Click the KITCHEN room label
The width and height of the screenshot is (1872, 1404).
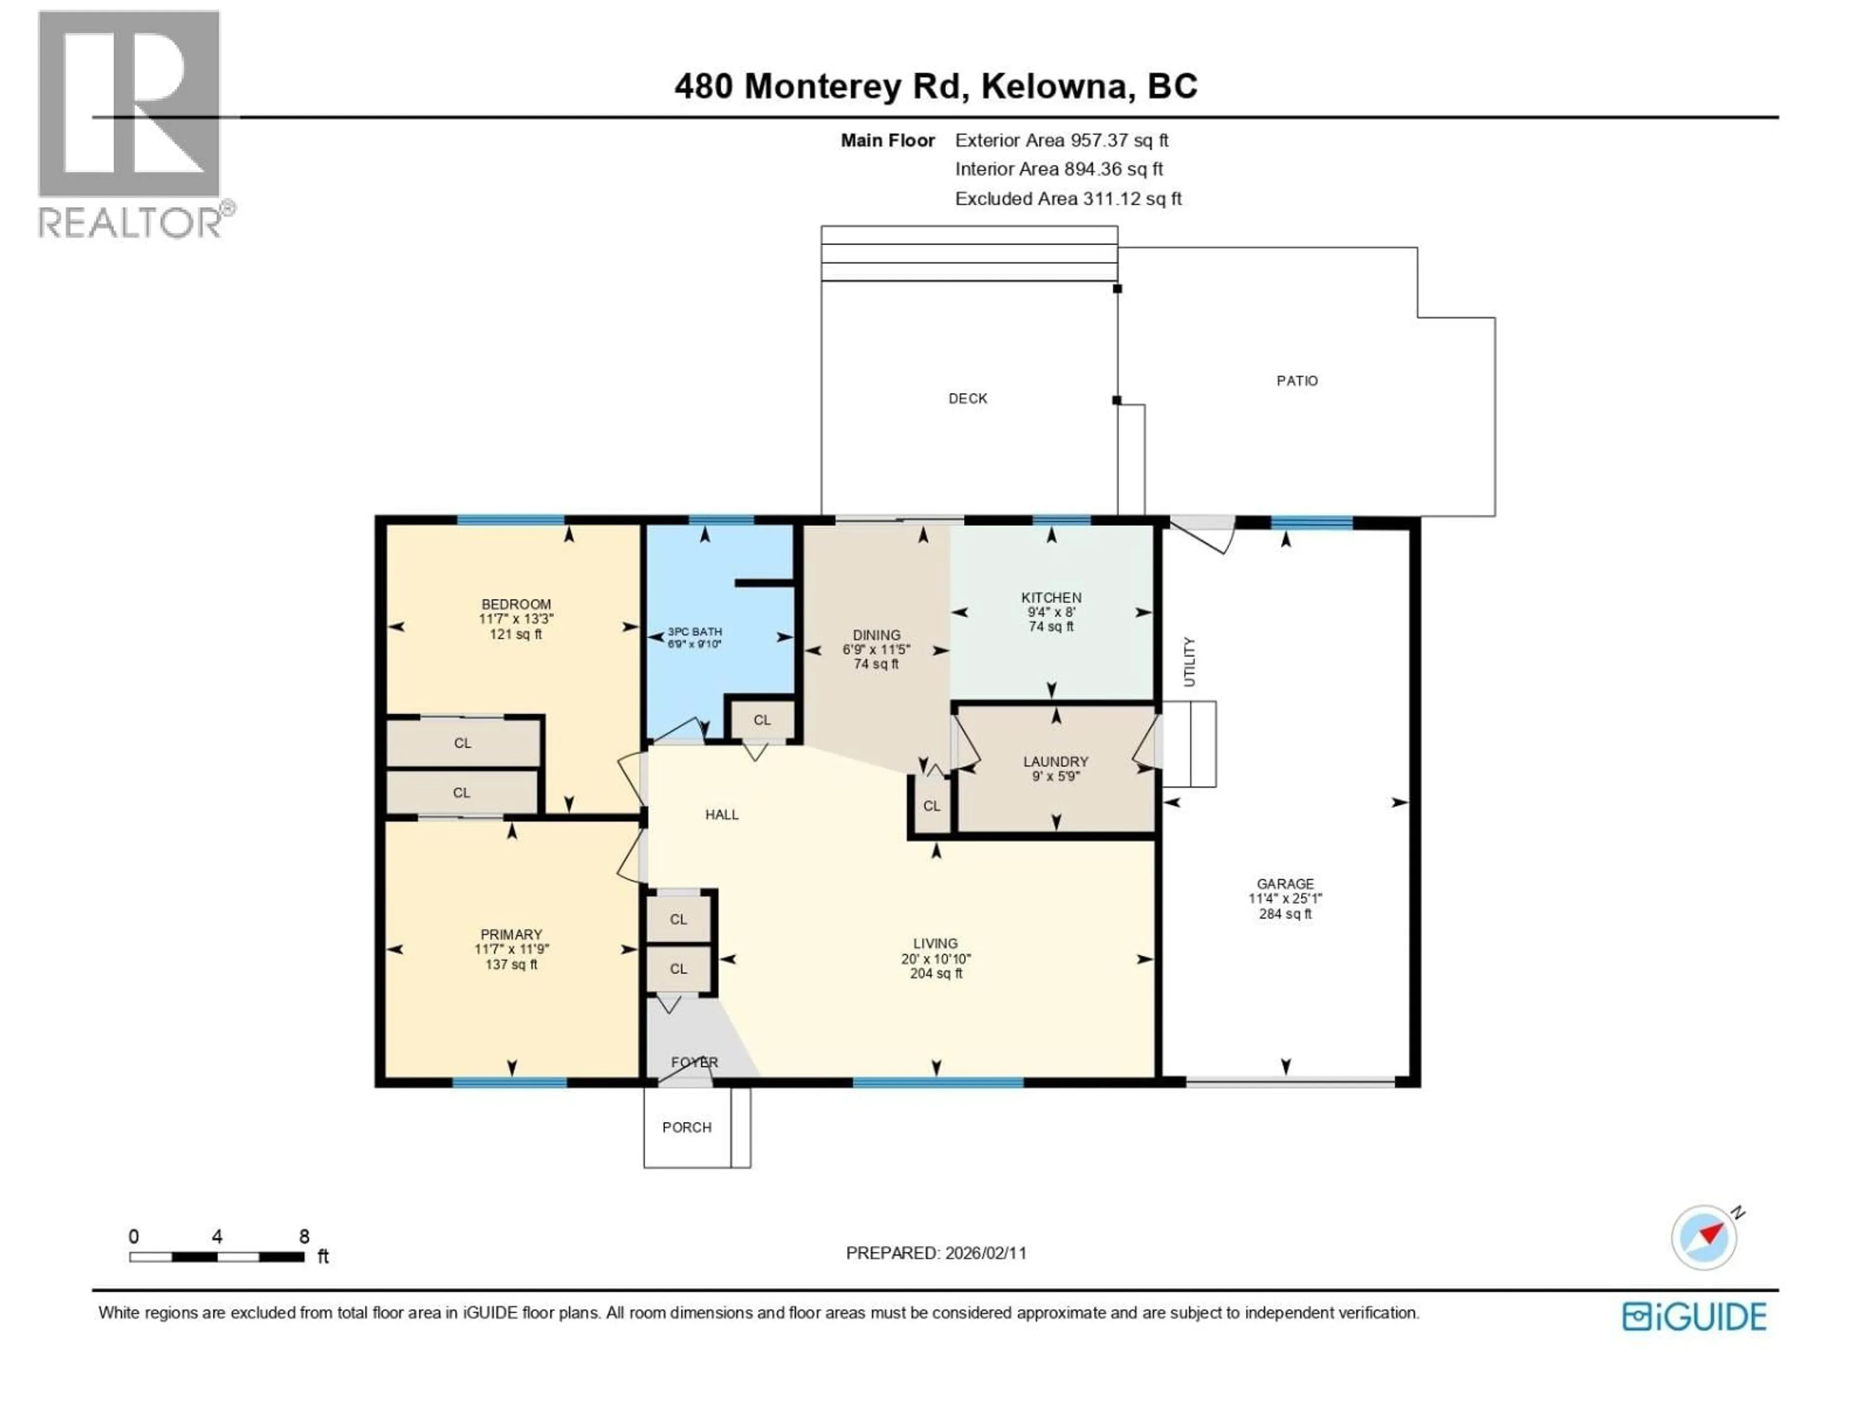point(1051,598)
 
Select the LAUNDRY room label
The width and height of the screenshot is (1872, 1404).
point(1055,761)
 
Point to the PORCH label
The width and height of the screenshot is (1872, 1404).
point(686,1127)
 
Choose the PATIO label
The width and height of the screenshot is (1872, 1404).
point(1297,381)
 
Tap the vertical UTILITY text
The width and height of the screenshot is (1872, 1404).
point(1189,662)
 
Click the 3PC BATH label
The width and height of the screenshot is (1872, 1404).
point(694,631)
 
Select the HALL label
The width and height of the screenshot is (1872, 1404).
point(722,814)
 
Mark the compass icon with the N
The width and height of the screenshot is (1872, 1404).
point(1704,1237)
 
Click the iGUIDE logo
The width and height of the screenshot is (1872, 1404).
point(1694,1317)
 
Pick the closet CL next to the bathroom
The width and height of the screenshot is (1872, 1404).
point(761,720)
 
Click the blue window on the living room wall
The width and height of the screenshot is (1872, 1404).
point(937,1082)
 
